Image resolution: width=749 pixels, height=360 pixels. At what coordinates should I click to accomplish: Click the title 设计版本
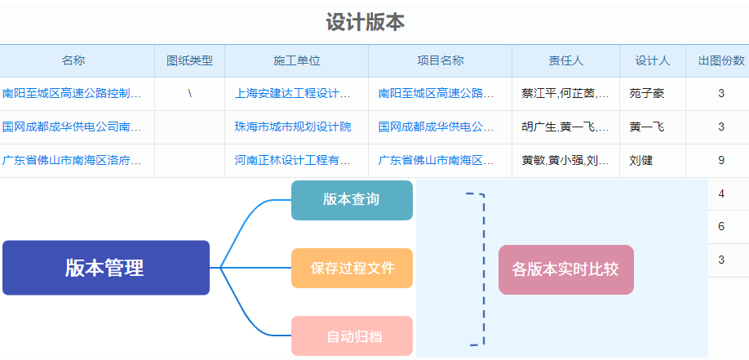coord(366,22)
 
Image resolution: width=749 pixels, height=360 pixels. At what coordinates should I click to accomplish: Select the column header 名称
coord(73,60)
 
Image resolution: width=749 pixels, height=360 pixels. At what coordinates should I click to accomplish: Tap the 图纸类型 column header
coord(189,60)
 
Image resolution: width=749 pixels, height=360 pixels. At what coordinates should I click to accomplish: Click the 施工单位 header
coord(296,60)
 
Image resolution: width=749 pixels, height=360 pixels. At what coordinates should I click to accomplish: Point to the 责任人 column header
coord(565,60)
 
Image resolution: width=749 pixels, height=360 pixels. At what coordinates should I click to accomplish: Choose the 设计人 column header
coord(653,60)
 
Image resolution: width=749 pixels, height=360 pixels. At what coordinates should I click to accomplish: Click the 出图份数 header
coord(721,60)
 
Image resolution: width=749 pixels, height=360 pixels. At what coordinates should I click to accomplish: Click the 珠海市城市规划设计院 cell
coord(293,127)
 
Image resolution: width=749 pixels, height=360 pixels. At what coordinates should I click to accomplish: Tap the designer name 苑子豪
coord(647,94)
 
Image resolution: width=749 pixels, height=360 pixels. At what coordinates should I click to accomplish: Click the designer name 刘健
coord(641,161)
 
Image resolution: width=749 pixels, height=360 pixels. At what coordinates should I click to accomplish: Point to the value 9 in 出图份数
coord(721,161)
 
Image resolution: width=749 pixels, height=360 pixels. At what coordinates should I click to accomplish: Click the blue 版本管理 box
coord(106,268)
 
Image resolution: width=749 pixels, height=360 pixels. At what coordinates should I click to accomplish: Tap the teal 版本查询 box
coord(352,200)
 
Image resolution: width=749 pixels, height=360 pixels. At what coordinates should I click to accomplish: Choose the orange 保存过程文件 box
coord(352,268)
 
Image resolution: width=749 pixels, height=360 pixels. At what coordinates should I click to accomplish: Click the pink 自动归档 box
coord(352,336)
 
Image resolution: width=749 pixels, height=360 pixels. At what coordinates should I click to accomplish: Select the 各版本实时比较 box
coord(565,269)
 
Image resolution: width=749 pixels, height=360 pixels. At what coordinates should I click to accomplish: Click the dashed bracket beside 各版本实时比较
coord(482,269)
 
